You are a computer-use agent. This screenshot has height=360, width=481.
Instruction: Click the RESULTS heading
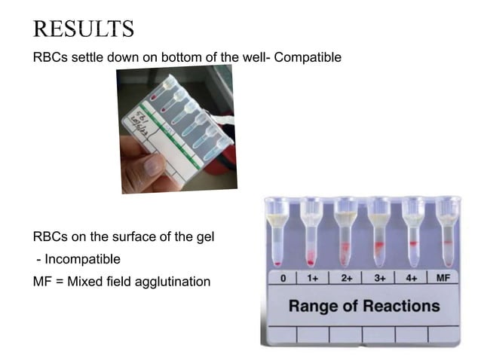point(84,28)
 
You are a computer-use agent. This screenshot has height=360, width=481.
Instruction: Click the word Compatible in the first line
point(307,56)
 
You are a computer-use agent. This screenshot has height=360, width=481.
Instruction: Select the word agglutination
point(172,282)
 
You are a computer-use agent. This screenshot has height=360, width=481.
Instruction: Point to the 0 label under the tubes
point(282,279)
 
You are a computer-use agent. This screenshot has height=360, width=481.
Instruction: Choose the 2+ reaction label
point(347,279)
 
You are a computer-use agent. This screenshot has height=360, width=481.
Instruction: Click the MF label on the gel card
point(444,279)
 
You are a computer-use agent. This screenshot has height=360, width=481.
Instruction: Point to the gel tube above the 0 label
point(278,233)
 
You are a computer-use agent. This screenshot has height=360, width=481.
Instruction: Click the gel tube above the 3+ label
point(378,233)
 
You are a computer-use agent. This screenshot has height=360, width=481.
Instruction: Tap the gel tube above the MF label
point(449,233)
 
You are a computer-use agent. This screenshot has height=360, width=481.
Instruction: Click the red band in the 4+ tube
point(412,245)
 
